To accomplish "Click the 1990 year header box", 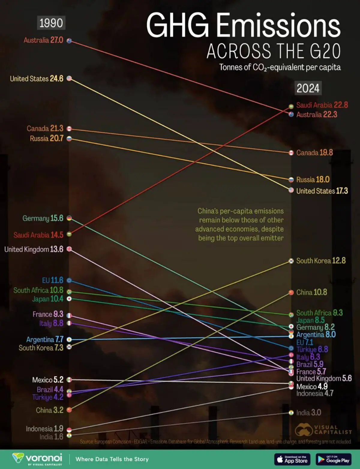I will (x=51, y=23).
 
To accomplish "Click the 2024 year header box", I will (x=308, y=88).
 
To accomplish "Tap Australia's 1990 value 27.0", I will (x=57, y=40).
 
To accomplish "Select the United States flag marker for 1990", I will (x=69, y=79).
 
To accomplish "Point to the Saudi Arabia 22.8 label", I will (x=322, y=105).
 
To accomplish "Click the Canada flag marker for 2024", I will (x=291, y=153).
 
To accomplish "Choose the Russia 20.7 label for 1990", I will (x=46, y=138).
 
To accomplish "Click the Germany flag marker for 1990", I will (x=69, y=218).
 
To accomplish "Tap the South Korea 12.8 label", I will (x=321, y=261).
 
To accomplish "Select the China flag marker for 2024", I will (x=291, y=292).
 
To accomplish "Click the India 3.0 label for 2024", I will (x=308, y=413).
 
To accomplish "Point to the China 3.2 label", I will (x=49, y=410).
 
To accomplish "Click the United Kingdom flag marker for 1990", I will (x=69, y=249).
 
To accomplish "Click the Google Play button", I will (x=334, y=459).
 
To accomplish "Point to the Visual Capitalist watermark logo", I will (x=323, y=430).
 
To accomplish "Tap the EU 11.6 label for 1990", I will (x=52, y=280).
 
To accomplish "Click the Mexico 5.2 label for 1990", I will (x=48, y=380).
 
